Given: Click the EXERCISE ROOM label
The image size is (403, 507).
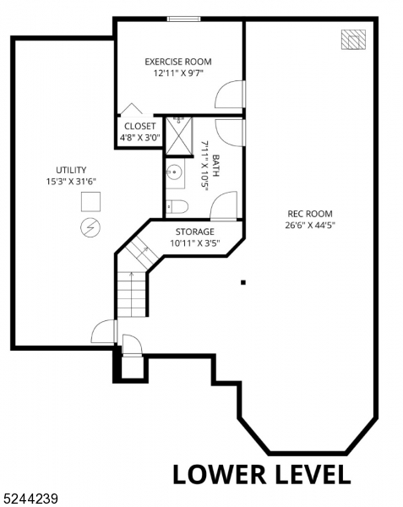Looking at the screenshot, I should (x=177, y=62).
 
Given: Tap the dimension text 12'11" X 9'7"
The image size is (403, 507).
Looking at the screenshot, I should (x=177, y=74).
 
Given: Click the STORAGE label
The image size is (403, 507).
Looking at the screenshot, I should (x=195, y=232).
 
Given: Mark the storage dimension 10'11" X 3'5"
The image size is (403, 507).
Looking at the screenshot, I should (x=195, y=243).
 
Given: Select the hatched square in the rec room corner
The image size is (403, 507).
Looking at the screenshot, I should (x=353, y=40).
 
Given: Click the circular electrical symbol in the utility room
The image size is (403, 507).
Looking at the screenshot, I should (x=90, y=226).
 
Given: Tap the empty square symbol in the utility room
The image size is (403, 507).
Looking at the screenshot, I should (x=90, y=202).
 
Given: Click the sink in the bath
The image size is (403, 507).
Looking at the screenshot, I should (x=174, y=173).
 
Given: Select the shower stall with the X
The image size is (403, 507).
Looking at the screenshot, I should (x=178, y=136).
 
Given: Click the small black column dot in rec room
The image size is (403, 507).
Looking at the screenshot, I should (x=243, y=282).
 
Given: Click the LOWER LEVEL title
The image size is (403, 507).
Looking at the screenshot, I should (x=261, y=474).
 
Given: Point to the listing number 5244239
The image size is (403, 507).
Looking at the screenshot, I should (x=31, y=499).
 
